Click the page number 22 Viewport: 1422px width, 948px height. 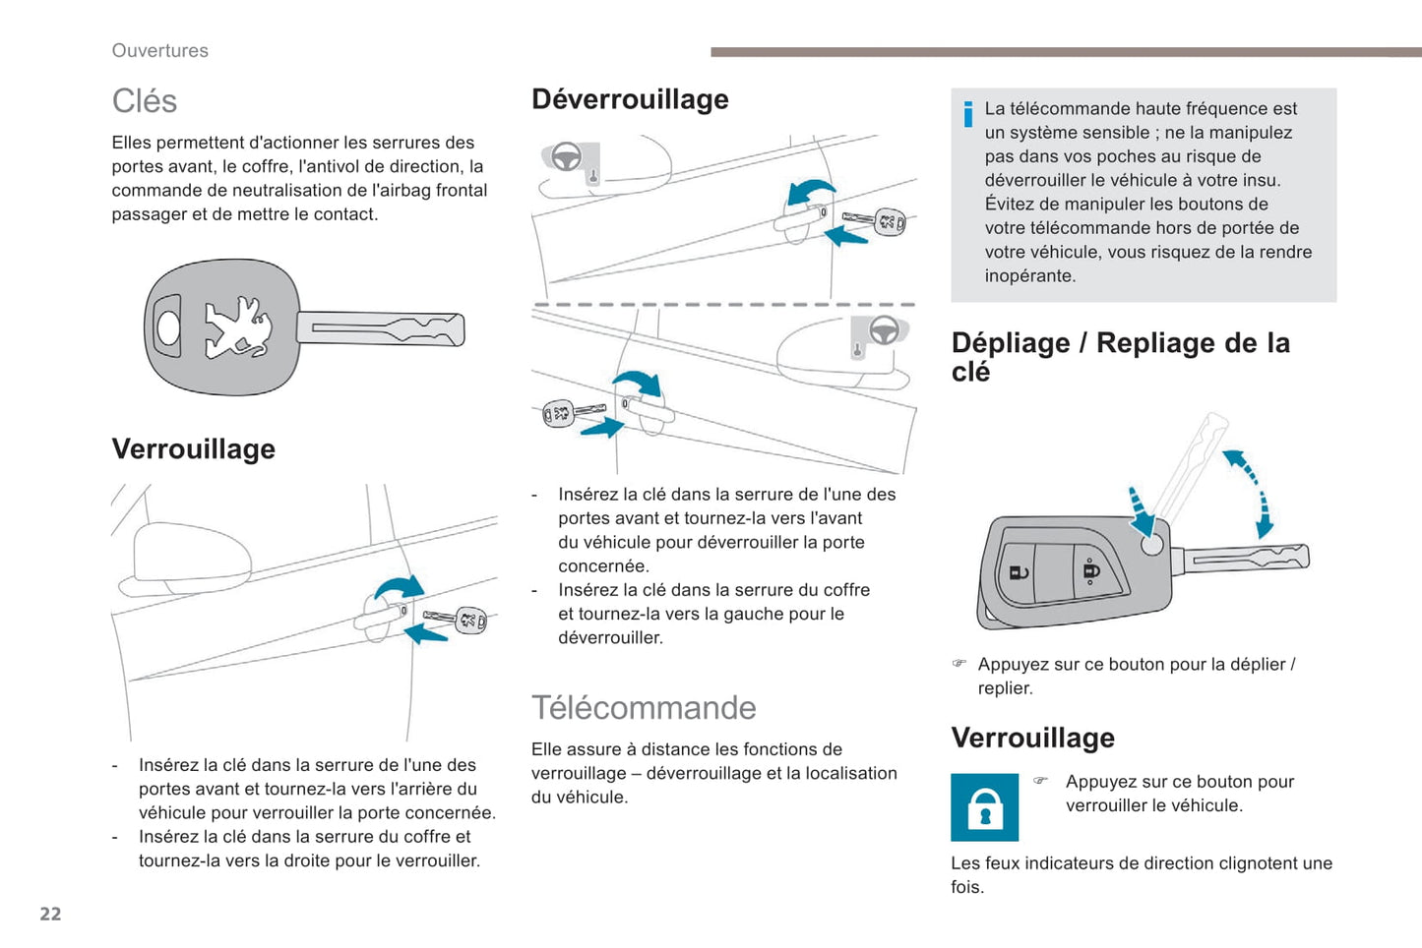[x=50, y=914]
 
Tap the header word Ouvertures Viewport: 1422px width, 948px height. [x=159, y=51]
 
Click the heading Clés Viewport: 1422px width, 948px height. [x=144, y=101]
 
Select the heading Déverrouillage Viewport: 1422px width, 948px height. [x=630, y=99]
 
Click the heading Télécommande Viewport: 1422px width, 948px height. [x=644, y=708]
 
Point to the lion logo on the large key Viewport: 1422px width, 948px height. [x=237, y=327]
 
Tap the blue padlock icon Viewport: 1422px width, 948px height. [x=984, y=807]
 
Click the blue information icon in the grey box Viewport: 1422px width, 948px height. [x=968, y=114]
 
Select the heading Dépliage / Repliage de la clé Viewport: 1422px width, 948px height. [x=1120, y=356]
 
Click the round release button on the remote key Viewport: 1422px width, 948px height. [x=1151, y=544]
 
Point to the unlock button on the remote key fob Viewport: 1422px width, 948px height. [x=1019, y=572]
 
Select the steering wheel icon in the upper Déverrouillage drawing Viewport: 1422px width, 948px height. [x=567, y=156]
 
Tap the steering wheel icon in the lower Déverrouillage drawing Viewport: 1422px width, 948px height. [x=883, y=330]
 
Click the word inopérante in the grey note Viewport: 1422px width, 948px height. [x=1029, y=276]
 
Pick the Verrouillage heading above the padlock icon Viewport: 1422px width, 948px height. [x=1032, y=738]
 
